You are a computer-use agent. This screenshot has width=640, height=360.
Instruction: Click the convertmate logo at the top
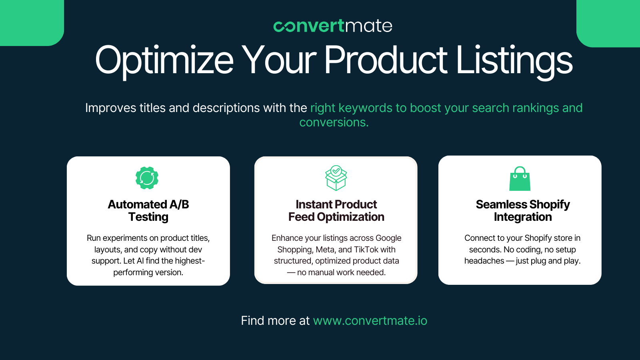[333, 26]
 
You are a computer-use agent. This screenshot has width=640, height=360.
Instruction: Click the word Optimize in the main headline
[164, 60]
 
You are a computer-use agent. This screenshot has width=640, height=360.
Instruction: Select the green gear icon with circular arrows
[147, 178]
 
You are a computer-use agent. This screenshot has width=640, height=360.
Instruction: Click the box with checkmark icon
[336, 178]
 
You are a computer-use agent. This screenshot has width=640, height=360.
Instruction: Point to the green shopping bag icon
[520, 178]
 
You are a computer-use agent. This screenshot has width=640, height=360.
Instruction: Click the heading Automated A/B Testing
[148, 210]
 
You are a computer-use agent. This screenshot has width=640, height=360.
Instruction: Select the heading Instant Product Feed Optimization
[336, 210]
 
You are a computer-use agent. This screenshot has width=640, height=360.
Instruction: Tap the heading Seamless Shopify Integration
[523, 210]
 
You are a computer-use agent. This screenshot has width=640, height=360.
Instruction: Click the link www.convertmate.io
[370, 320]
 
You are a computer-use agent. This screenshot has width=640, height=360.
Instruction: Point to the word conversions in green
[334, 122]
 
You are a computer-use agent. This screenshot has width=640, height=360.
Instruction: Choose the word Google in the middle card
[388, 238]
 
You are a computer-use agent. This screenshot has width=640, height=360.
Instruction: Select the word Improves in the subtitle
[111, 108]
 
